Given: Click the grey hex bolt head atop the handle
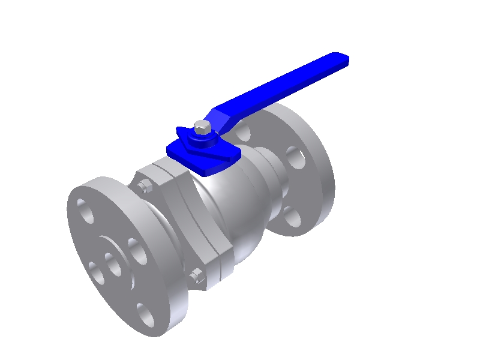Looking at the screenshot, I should [x=202, y=127].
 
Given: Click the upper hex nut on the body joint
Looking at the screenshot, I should [x=144, y=187].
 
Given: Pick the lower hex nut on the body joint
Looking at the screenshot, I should [x=196, y=277].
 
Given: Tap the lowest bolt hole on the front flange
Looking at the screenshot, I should [x=145, y=315].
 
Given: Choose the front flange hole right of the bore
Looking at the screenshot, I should [x=137, y=250].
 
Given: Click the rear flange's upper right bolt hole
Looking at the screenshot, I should [x=295, y=157].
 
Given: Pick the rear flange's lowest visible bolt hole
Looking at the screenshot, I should [x=293, y=217].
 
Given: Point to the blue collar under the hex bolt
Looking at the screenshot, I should [x=202, y=140].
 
